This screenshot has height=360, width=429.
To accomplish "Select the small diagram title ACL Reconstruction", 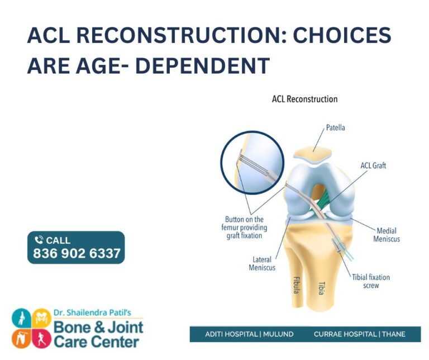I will pyautogui.click(x=304, y=100).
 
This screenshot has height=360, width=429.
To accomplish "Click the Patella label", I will pyautogui.click(x=335, y=127).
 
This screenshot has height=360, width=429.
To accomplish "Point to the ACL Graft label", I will pyautogui.click(x=373, y=165).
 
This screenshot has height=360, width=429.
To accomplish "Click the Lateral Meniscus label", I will pyautogui.click(x=262, y=263).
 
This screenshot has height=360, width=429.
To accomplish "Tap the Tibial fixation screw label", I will pyautogui.click(x=371, y=281).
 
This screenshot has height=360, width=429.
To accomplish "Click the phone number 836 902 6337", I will pyautogui.click(x=77, y=253).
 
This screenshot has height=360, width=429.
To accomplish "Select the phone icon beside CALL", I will pyautogui.click(x=39, y=240).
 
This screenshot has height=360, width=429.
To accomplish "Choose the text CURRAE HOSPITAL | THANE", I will pyautogui.click(x=359, y=334).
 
